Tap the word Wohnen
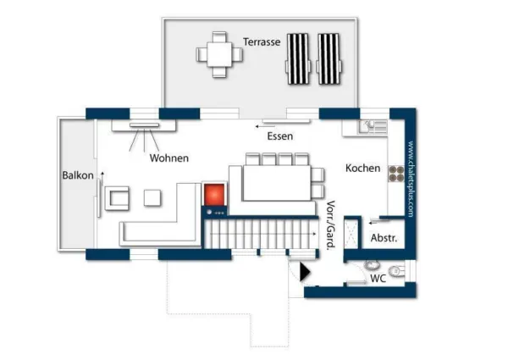pyautogui.click(x=168, y=158)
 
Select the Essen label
pyautogui.click(x=280, y=136)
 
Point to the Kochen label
pyautogui.click(x=362, y=168)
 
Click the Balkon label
pyautogui.click(x=76, y=176)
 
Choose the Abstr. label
pyautogui.click(x=385, y=238)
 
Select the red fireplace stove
pyautogui.click(x=213, y=197)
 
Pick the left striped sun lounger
pyautogui.click(x=298, y=58)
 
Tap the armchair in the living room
pyautogui.click(x=117, y=200)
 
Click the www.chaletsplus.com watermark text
pyautogui.click(x=410, y=180)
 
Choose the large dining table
pyautogui.click(x=277, y=180)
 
